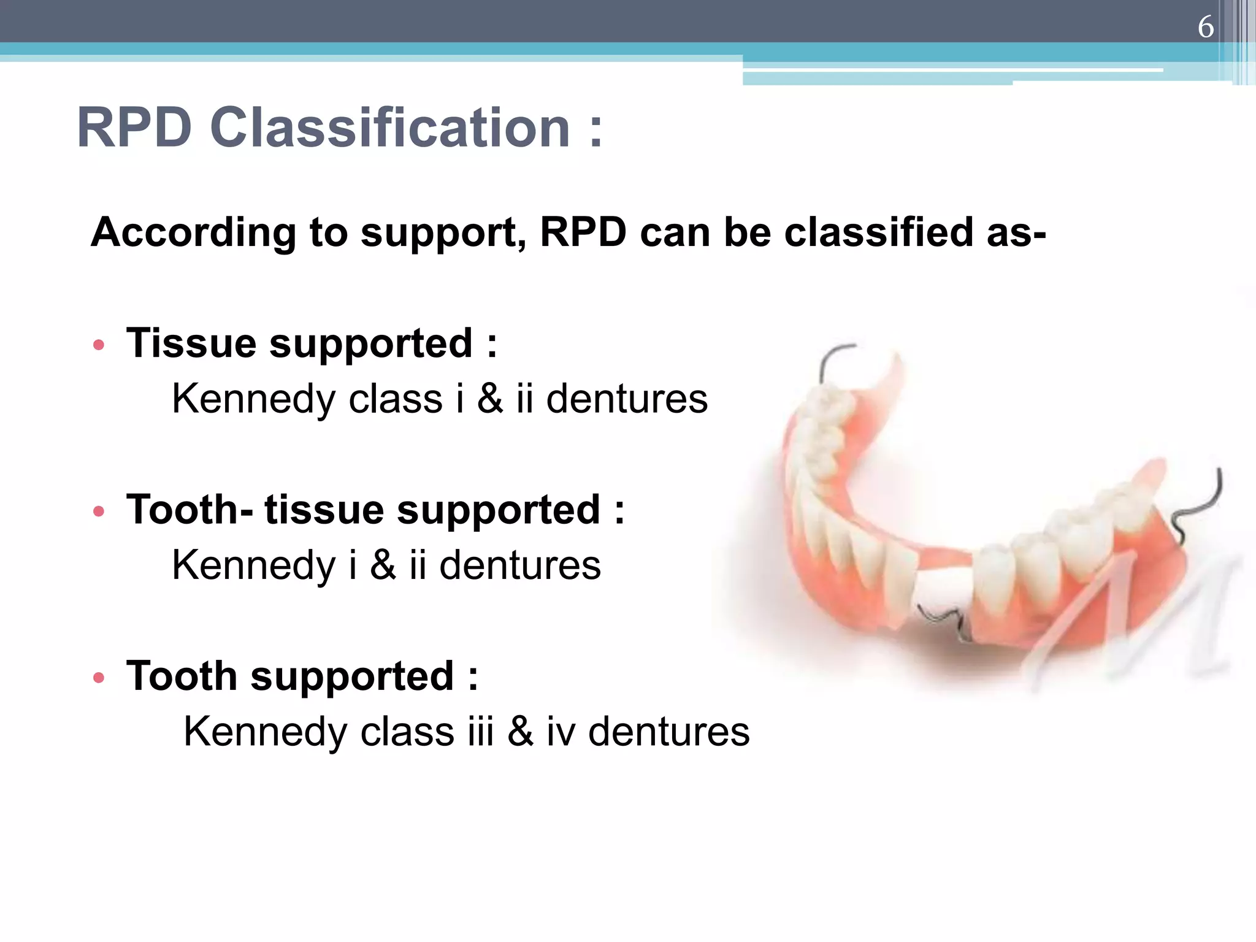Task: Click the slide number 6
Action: point(1205,27)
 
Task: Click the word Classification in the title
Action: point(390,128)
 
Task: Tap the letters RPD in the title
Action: point(134,128)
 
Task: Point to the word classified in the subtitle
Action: point(879,233)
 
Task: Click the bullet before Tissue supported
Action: point(99,345)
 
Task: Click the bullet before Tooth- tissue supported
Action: point(99,511)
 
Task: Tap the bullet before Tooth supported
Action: point(99,678)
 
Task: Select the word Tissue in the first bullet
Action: point(191,343)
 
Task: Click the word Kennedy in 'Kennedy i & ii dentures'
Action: point(253,566)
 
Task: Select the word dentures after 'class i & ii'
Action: point(627,399)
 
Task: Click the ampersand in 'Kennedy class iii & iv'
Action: point(520,732)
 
